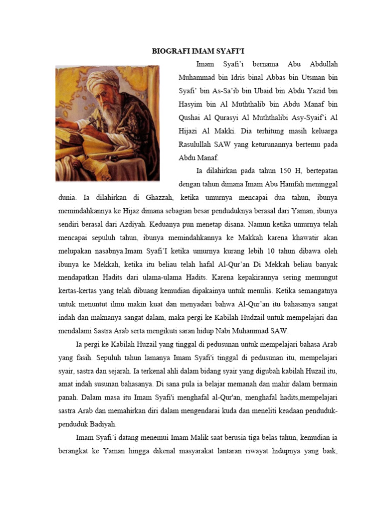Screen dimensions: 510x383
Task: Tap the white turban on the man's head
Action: (x=102, y=80)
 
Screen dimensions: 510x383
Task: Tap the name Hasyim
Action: (x=190, y=105)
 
